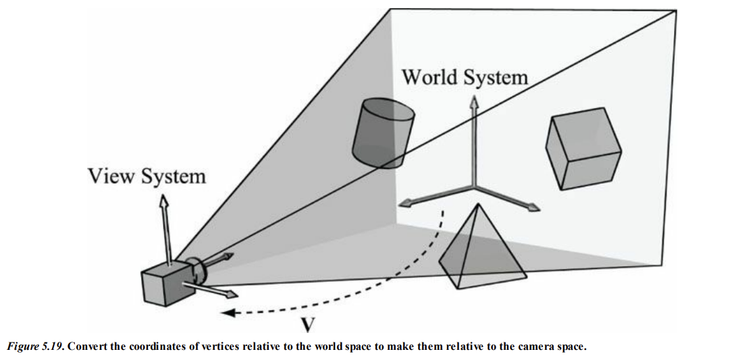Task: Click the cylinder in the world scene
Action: pyautogui.click(x=382, y=135)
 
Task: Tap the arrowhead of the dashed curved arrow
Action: pyautogui.click(x=227, y=312)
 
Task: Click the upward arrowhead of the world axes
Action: pyautogui.click(x=474, y=101)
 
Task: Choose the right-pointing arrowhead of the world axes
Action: pyautogui.click(x=535, y=207)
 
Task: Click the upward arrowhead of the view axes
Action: pyautogui.click(x=163, y=201)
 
